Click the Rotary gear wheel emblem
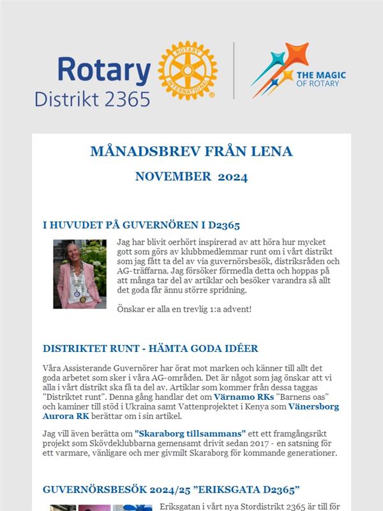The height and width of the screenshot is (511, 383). pyautogui.click(x=188, y=70)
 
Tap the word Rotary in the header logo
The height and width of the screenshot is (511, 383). pyautogui.click(x=103, y=70)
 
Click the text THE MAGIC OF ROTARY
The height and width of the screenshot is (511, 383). pyautogui.click(x=322, y=79)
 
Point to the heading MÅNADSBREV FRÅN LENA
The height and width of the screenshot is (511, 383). pyautogui.click(x=191, y=151)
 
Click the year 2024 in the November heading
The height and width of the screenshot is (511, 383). pyautogui.click(x=233, y=177)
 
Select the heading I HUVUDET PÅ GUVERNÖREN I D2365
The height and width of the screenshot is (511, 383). pyautogui.click(x=141, y=225)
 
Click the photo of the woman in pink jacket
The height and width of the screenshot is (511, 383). pyautogui.click(x=79, y=273)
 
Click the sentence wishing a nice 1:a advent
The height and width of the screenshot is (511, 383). pyautogui.click(x=184, y=310)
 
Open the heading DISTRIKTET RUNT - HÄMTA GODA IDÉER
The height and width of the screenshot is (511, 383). pyautogui.click(x=150, y=348)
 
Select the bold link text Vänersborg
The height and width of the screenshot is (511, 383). pyautogui.click(x=313, y=406)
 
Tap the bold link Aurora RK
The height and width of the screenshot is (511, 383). pyautogui.click(x=65, y=416)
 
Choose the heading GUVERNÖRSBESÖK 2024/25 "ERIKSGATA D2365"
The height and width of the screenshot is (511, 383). pyautogui.click(x=171, y=489)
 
